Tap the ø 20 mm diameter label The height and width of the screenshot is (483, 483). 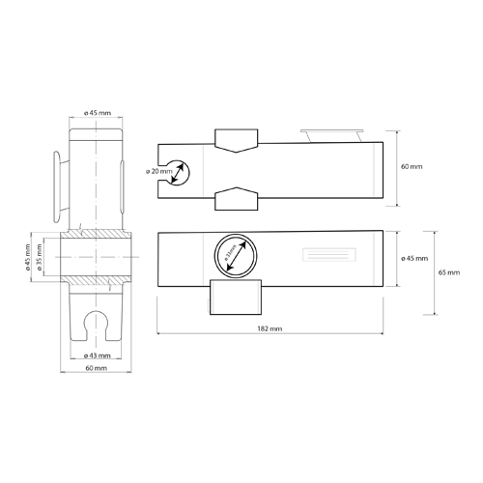pos(159,172)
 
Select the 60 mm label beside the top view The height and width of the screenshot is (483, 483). pos(411,167)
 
